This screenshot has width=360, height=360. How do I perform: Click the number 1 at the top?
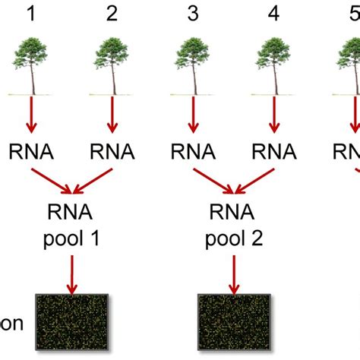tap(32, 14)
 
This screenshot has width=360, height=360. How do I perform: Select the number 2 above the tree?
tap(112, 14)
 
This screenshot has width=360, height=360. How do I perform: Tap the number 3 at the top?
tap(192, 14)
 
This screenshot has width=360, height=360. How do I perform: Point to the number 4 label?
tap(273, 14)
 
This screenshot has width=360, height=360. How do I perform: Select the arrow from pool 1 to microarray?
tap(72, 275)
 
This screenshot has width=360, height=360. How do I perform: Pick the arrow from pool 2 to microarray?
tap(232, 275)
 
